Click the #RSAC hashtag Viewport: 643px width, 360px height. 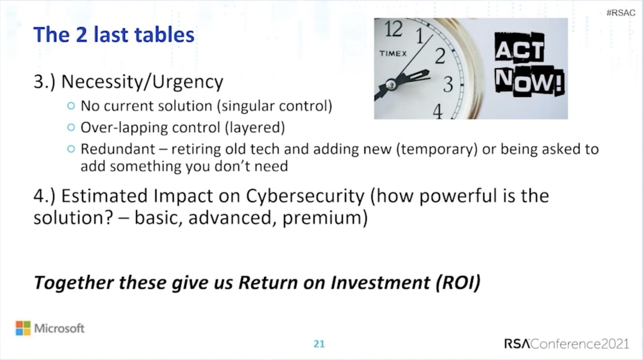coord(620,13)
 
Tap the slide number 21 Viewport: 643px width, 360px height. coord(319,343)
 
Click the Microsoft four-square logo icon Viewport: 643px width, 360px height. coord(23,328)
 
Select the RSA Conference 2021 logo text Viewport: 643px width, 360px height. coord(567,343)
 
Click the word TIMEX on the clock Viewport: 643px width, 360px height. coord(393,54)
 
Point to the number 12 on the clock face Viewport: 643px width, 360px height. coord(393,29)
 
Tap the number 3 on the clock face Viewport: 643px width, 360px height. coord(448,84)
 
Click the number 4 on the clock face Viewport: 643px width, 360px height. coord(438,111)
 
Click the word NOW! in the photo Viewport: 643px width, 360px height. coord(529,81)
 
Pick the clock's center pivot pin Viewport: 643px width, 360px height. coord(391,84)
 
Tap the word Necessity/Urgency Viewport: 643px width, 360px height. coord(142,82)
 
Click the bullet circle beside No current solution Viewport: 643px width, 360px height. coord(71,106)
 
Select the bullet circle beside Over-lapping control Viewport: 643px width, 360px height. coord(71,128)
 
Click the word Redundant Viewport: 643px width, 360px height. coord(118,149)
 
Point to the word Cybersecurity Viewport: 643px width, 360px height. coord(305,196)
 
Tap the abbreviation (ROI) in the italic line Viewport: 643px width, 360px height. coord(458,283)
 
